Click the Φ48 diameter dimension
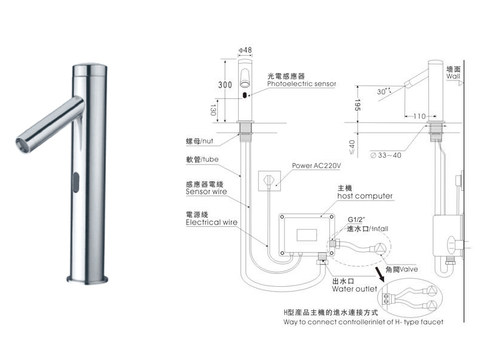click(244, 49)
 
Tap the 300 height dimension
click(224, 85)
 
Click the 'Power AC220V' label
click(316, 166)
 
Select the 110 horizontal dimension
click(418, 116)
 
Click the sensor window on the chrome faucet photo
click(76, 179)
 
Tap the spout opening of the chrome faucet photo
click(19, 142)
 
